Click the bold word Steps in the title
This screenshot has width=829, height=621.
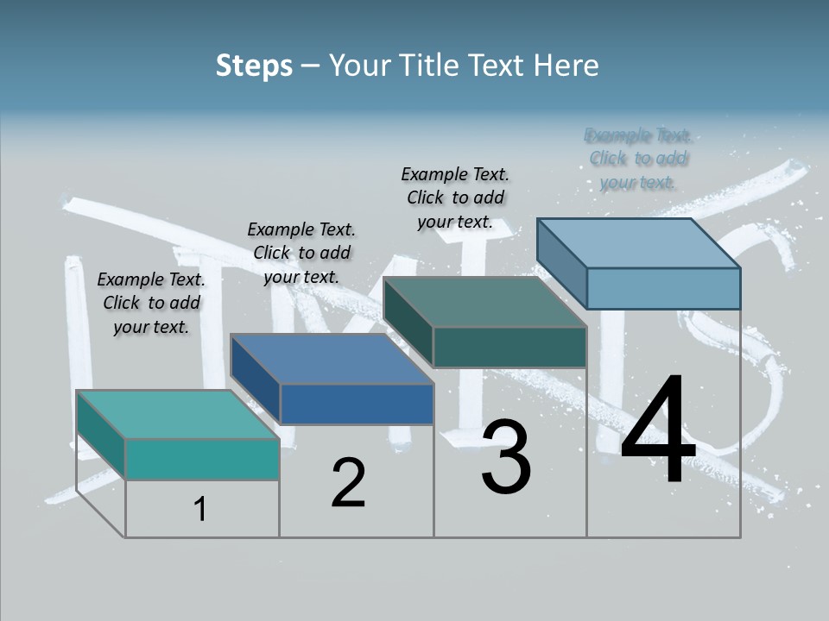click(x=254, y=66)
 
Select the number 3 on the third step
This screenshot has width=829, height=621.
click(x=506, y=457)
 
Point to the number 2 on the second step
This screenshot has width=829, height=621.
click(x=348, y=483)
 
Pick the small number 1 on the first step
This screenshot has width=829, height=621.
click(x=199, y=510)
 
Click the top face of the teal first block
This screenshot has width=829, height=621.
click(x=177, y=414)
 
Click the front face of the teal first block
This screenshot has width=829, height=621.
click(x=202, y=459)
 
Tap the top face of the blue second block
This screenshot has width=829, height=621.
click(x=331, y=358)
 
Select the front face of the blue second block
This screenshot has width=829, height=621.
click(x=357, y=404)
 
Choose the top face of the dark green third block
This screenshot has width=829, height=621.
click(x=484, y=302)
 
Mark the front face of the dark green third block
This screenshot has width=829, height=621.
click(x=509, y=347)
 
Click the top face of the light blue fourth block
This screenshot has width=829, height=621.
click(x=638, y=242)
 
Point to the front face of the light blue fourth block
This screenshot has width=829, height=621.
click(x=663, y=288)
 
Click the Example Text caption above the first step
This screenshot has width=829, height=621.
click(x=151, y=303)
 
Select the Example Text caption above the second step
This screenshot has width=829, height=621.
click(x=301, y=253)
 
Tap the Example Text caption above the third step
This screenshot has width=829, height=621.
click(x=455, y=198)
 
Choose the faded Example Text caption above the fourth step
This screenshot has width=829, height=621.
click(x=638, y=159)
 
